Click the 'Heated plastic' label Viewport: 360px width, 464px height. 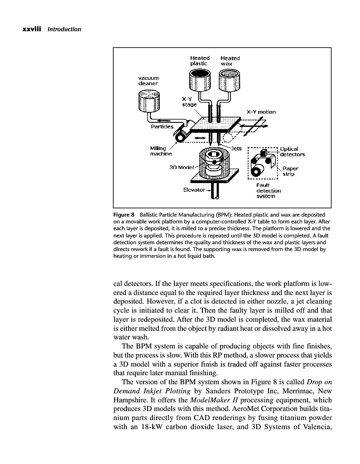199,61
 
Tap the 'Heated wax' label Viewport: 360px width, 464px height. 230,61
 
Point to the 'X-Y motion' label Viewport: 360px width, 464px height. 261,112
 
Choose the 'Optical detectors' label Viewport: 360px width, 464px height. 292,151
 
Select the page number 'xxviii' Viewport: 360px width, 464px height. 32,29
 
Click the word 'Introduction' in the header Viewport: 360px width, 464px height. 64,29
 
